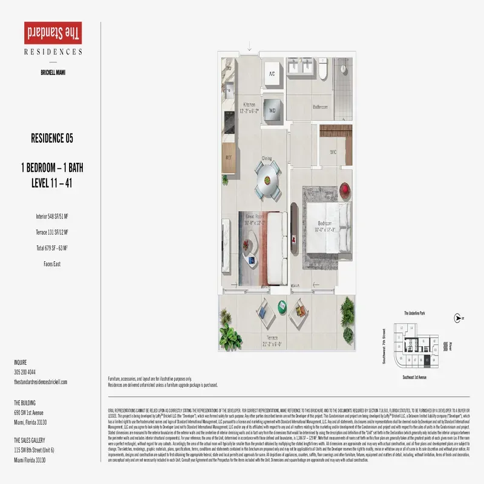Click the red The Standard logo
(53, 32)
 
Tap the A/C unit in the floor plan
(271, 74)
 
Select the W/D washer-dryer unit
(272, 111)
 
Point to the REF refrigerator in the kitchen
(229, 156)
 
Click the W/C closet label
(333, 152)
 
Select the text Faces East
(53, 264)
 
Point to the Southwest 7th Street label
(384, 345)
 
